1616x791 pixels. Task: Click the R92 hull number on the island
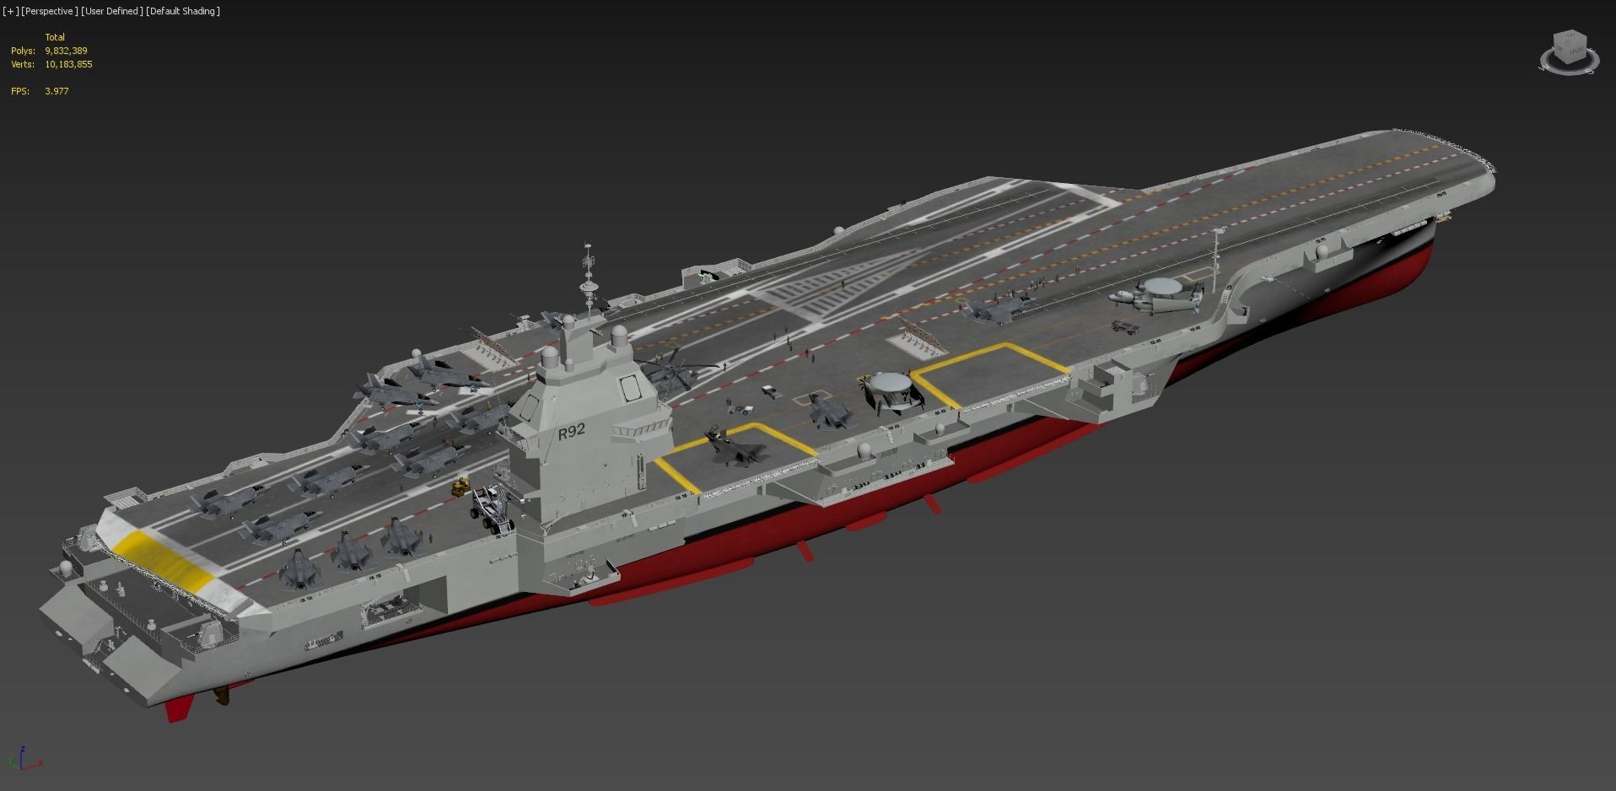tap(571, 431)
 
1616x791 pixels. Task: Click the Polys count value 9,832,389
tap(67, 51)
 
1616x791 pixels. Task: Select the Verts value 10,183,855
tap(69, 64)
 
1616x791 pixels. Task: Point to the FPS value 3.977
tap(57, 91)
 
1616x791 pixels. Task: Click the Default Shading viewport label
tap(183, 11)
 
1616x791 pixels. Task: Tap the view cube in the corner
tap(1570, 52)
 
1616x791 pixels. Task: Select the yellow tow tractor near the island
tap(461, 487)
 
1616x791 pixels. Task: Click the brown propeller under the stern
tap(222, 696)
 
